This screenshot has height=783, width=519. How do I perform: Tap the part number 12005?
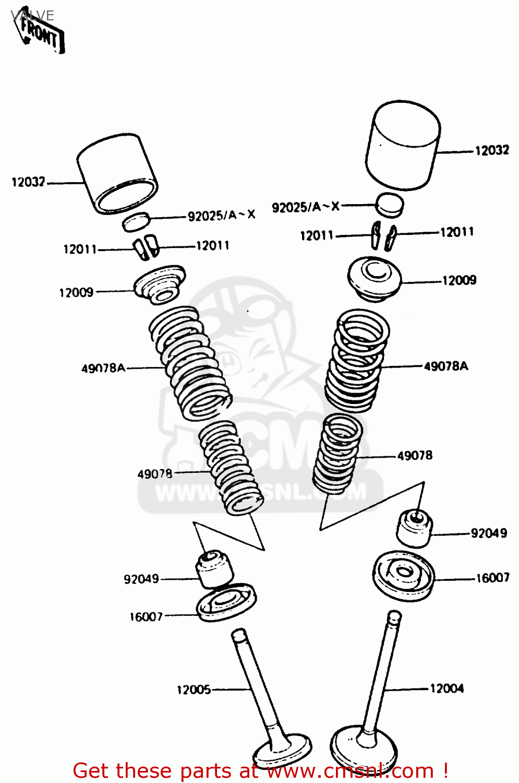194,690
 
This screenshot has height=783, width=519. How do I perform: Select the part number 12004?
446,689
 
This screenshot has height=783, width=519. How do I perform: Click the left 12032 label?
28,182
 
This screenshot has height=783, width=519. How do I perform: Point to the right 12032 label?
491,150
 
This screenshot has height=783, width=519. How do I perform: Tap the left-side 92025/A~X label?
222,215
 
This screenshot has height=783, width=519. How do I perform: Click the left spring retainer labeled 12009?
160,284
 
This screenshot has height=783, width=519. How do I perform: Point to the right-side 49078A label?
445,366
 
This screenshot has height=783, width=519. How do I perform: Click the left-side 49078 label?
154,474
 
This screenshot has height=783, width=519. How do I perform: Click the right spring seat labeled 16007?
404,575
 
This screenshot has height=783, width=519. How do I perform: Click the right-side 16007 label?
492,578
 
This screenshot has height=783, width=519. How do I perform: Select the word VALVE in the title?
32,15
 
